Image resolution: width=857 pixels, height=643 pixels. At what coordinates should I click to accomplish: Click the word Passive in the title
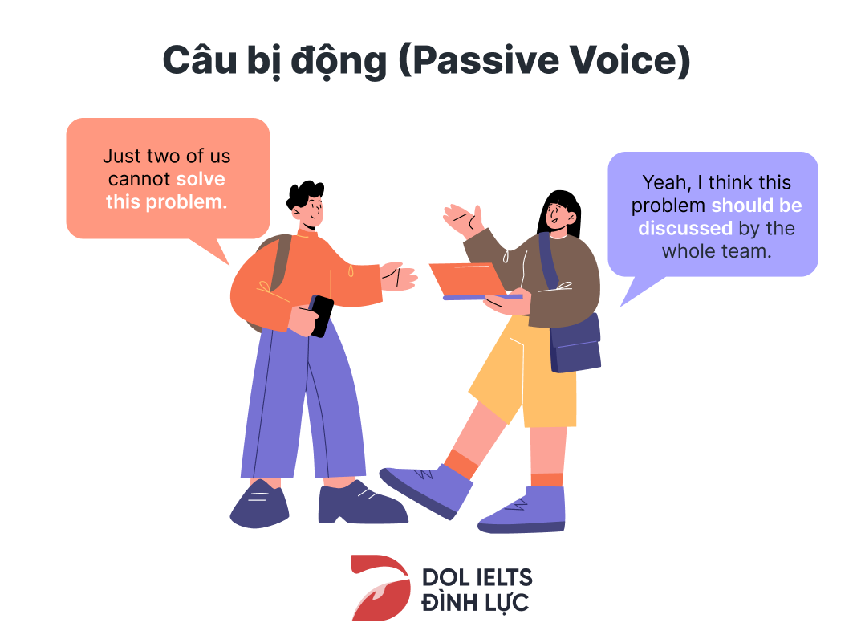485,60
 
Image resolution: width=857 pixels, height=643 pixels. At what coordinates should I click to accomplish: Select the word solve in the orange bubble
201,179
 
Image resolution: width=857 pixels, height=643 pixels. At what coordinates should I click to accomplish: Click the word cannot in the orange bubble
140,179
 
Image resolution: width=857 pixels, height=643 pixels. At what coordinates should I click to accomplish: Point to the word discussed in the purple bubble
684,228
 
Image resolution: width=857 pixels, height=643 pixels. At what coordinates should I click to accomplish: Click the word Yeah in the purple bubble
666,182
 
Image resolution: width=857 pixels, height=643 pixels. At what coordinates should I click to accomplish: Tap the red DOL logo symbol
380,588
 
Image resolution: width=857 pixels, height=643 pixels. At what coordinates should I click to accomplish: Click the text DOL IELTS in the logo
477,577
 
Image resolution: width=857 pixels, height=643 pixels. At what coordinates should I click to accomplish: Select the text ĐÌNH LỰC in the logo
475,602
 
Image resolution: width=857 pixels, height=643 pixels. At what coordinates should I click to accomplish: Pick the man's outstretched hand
399,276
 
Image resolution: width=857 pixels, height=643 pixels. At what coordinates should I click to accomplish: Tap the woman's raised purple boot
426,490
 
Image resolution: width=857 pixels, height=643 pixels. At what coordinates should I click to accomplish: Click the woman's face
558,214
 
